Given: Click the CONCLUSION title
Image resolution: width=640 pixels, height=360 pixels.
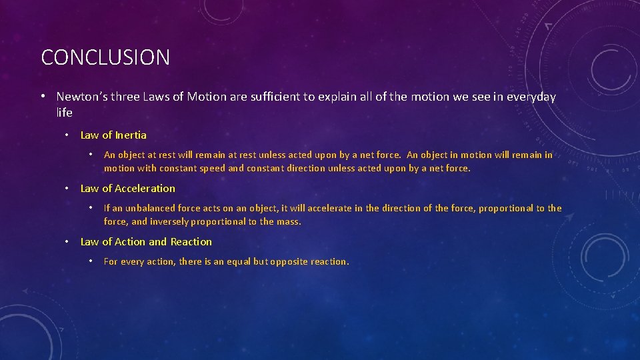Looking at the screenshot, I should pos(105,57).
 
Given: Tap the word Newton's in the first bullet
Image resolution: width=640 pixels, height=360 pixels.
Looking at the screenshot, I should pos(82,97).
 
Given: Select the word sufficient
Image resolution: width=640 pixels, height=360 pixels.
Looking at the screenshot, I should pos(275,97).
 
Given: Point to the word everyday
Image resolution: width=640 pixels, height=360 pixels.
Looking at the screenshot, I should pos(531,97).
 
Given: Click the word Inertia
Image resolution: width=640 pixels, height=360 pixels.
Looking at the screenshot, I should pos(131,135).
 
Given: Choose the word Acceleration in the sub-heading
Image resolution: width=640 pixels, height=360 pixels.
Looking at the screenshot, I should pos(145,189).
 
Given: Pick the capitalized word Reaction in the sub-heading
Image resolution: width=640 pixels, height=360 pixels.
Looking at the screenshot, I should pos(191,242).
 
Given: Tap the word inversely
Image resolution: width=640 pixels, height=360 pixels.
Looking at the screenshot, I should pos(169,222).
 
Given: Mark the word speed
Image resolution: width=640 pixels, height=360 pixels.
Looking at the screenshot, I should pos(213,169).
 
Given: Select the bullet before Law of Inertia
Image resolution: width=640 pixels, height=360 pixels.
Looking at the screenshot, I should pos(67,135).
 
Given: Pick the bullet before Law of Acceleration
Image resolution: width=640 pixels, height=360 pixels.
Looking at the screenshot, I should pos(67,189).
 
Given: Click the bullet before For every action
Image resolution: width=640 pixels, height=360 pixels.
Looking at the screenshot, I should pos(91,261).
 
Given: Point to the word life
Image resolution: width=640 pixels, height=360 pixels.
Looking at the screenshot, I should pos(65,113).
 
